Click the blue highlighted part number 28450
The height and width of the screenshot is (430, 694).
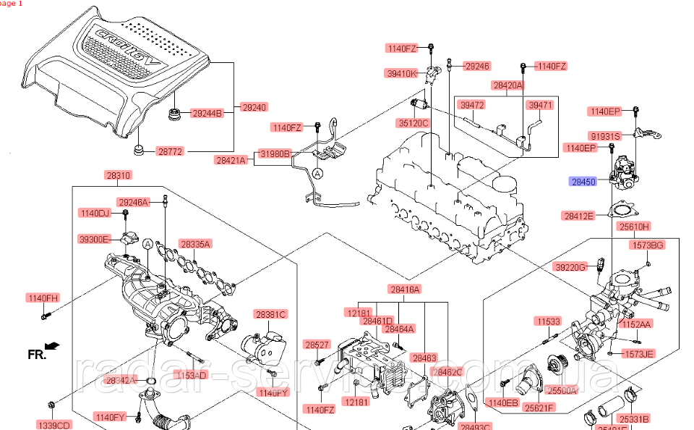[x=583, y=182]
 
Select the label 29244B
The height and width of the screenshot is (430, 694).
[x=207, y=113]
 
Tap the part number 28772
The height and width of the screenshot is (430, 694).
[x=171, y=152]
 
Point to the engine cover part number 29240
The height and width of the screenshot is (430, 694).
[x=254, y=107]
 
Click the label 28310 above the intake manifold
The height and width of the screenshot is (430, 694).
[x=119, y=176]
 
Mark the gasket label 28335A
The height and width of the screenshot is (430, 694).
[x=195, y=245]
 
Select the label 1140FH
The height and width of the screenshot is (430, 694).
[x=43, y=298]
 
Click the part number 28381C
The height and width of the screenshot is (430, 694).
[x=270, y=314]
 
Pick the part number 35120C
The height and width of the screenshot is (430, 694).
[x=413, y=123]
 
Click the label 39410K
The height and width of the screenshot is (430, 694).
[x=402, y=73]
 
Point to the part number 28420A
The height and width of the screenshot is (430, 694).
[x=508, y=85]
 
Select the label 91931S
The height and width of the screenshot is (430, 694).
[x=604, y=135]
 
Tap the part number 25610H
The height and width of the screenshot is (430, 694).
[x=633, y=226]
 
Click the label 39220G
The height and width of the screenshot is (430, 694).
[x=570, y=267]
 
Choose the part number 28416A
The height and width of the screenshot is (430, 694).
[x=405, y=290]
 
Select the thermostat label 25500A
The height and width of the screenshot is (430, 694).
[x=562, y=390]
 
